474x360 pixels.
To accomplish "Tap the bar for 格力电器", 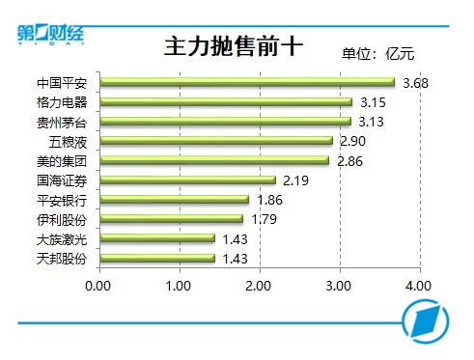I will (x=226, y=101).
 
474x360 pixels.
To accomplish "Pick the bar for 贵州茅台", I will (x=225, y=122).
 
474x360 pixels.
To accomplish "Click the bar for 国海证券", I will (x=187, y=180).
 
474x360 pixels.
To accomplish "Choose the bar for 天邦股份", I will (x=157, y=258).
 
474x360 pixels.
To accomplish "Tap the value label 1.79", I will (x=265, y=219).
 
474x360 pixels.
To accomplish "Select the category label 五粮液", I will (x=69, y=141).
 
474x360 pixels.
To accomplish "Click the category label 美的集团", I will (x=62, y=160).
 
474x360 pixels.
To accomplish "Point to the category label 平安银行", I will (x=62, y=200).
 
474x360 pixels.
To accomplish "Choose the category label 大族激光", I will (x=62, y=238).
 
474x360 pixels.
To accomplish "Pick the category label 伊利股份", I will (x=62, y=219).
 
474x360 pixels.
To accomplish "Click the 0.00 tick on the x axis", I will (x=99, y=286).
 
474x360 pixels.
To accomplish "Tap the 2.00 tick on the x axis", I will (x=259, y=286).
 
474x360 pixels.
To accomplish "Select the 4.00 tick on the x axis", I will (x=418, y=286).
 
